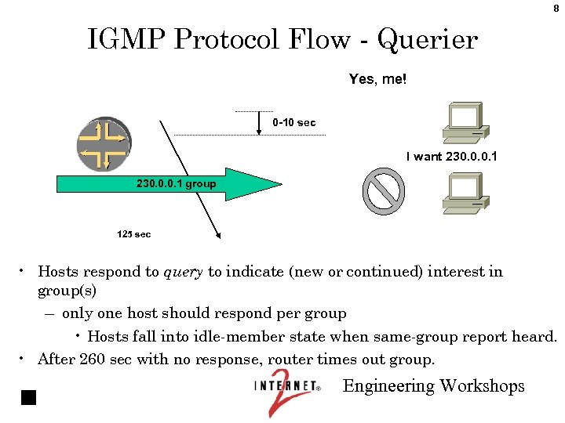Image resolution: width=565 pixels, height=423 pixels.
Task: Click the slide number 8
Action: (x=556, y=9)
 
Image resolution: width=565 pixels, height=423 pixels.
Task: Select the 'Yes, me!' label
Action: (x=377, y=79)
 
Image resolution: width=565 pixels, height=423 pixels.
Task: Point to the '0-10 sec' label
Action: (x=294, y=123)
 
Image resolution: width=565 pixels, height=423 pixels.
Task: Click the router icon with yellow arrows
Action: (x=104, y=144)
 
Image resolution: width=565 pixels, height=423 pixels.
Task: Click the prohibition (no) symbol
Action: (x=384, y=191)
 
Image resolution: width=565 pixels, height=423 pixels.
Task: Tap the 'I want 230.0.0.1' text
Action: (x=451, y=157)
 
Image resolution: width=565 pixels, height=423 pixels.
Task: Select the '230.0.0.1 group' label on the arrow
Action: (x=176, y=185)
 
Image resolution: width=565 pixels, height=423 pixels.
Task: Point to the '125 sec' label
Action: (x=133, y=234)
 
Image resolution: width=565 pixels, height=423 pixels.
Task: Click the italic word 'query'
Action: (x=183, y=273)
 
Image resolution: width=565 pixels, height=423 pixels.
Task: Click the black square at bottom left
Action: (x=29, y=396)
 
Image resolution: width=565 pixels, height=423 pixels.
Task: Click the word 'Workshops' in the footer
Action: (x=482, y=386)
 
